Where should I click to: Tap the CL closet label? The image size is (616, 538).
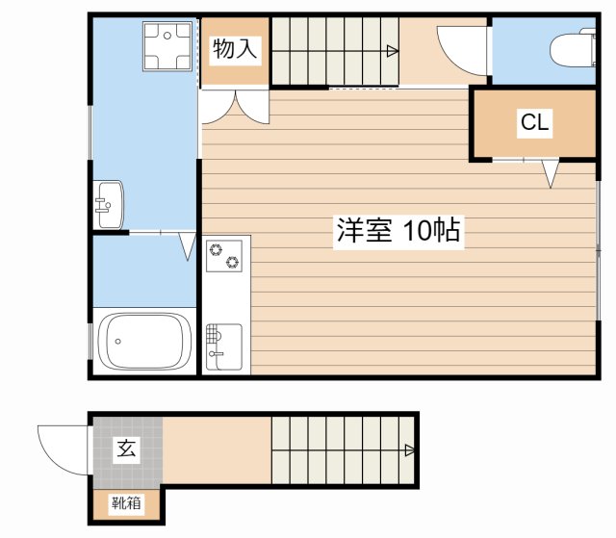pyautogui.click(x=534, y=122)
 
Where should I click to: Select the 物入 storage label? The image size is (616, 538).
pyautogui.click(x=234, y=49)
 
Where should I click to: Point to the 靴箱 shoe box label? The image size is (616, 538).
pyautogui.click(x=126, y=502)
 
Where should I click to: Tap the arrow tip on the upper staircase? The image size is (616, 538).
pyautogui.click(x=395, y=51)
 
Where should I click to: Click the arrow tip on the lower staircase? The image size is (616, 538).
pyautogui.click(x=411, y=449)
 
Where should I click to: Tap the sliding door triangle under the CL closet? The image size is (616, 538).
pyautogui.click(x=550, y=173)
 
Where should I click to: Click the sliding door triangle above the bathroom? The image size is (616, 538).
pyautogui.click(x=187, y=246)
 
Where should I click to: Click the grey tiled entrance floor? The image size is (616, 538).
pyautogui.click(x=126, y=462)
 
